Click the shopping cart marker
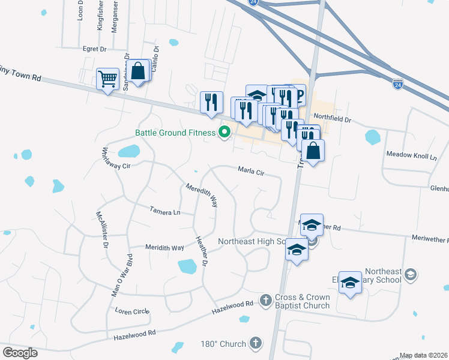107,79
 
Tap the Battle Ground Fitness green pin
225,133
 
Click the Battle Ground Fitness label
175,133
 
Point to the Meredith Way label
200,196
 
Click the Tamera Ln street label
164,212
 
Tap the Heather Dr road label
201,251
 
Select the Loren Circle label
132,311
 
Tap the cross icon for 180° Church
256,343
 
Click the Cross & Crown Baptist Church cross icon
266,299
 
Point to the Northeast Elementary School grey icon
411,274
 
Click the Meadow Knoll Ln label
411,156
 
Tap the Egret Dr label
94,49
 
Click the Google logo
19,353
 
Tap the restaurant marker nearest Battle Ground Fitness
211,103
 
